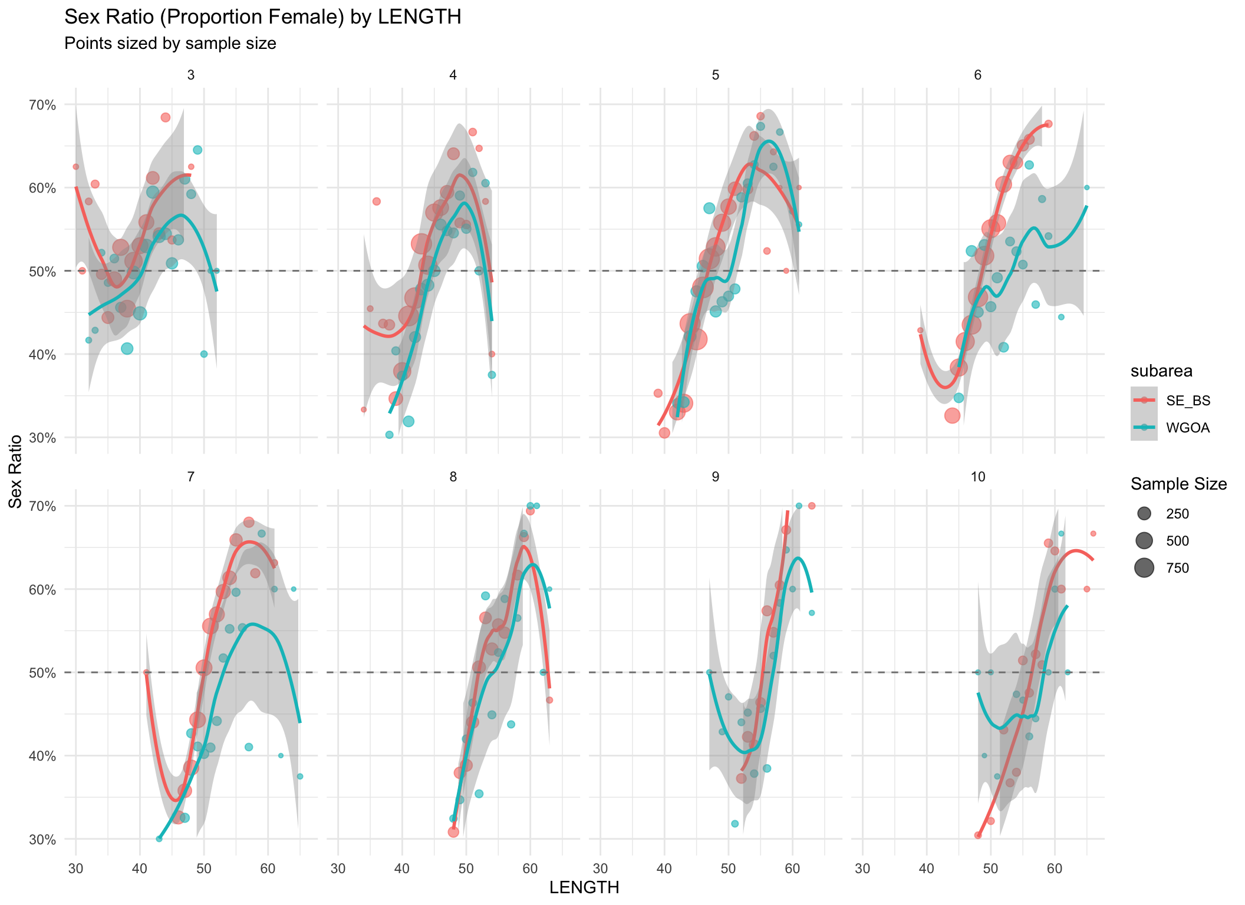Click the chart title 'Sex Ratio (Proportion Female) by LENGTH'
coord(262,17)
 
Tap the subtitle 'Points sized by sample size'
coord(170,44)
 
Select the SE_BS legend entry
coord(1188,401)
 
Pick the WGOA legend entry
coord(1188,428)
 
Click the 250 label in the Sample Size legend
coord(1177,514)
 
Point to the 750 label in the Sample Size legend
coord(1177,568)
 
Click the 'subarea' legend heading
coord(1161,371)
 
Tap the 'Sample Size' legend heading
coord(1178,484)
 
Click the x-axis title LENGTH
coord(584,887)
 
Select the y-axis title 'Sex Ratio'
coord(16,471)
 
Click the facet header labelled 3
coord(190,75)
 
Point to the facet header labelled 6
coord(977,75)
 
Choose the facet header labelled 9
coord(715,477)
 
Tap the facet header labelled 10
coord(977,477)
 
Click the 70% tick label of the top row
coord(42,105)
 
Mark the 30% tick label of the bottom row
coord(42,840)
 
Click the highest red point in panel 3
coord(166,117)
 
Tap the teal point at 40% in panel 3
coord(204,354)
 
